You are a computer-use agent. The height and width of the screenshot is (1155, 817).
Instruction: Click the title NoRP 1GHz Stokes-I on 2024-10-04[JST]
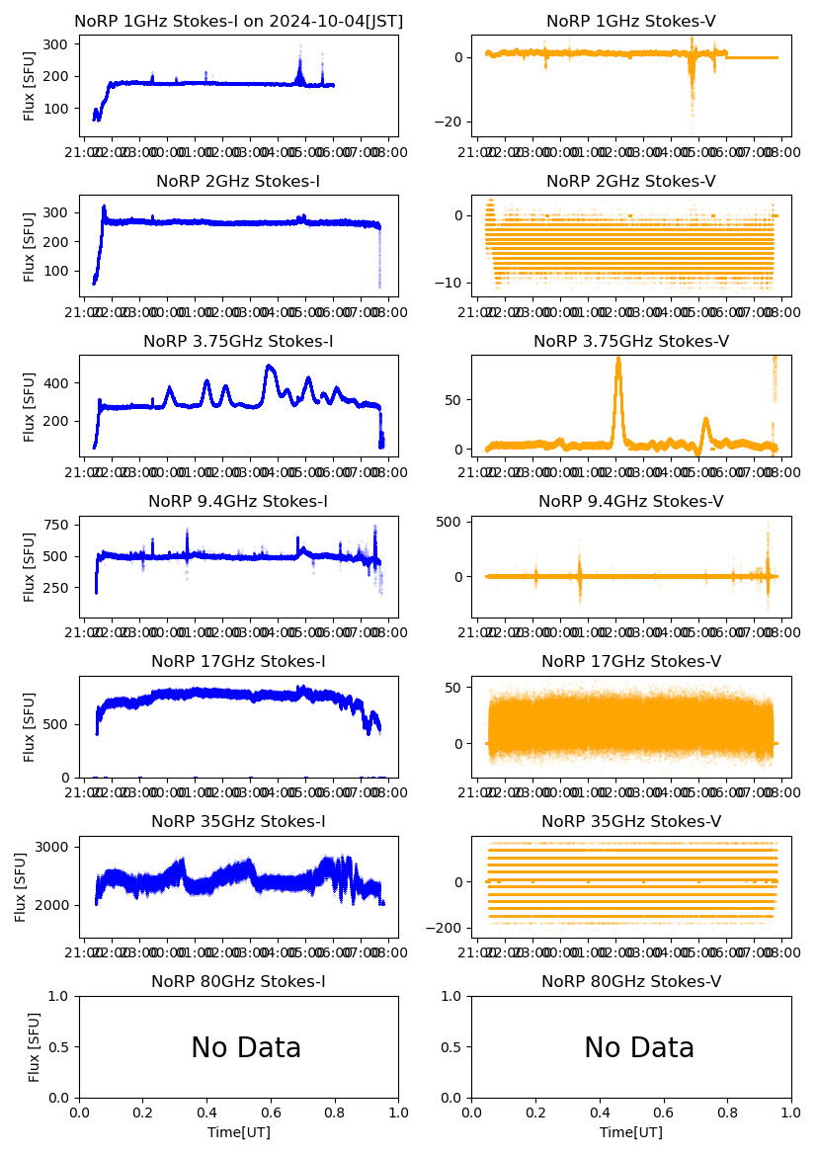coord(239,21)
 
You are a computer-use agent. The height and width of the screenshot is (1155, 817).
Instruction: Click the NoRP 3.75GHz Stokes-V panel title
coord(631,341)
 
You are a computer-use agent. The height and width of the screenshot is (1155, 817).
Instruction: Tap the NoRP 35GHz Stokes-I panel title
coord(238,821)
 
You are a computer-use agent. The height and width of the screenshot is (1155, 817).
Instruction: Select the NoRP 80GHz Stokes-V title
coord(631,981)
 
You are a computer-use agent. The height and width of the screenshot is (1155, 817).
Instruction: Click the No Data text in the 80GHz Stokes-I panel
coord(246,1048)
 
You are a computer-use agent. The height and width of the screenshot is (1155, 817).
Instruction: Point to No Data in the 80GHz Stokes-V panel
coord(639,1048)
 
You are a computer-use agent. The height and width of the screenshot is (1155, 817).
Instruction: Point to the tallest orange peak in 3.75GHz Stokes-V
coord(618,362)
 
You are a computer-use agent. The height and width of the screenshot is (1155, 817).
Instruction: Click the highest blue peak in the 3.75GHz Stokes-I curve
coord(270,367)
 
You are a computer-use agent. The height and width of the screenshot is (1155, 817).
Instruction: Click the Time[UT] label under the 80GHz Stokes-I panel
coord(238,1132)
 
